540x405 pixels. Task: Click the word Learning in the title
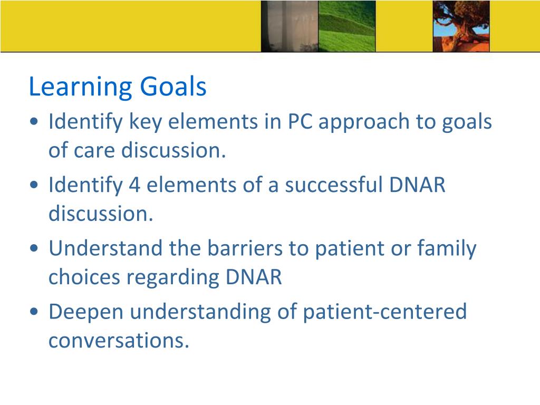tap(81, 87)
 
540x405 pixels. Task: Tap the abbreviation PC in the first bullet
tap(300, 122)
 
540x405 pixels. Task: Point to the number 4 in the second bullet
tap(134, 185)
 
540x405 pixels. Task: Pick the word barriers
tap(245, 248)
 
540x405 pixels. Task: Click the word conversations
tap(119, 340)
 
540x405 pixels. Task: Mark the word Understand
tap(105, 248)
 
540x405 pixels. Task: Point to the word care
tap(94, 151)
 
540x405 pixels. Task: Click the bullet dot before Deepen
tap(34, 312)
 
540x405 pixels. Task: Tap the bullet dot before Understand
tap(34, 248)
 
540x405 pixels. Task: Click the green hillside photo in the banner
tap(347, 26)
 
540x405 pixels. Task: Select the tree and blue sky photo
tap(461, 26)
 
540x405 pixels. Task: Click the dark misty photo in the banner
tap(290, 26)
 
